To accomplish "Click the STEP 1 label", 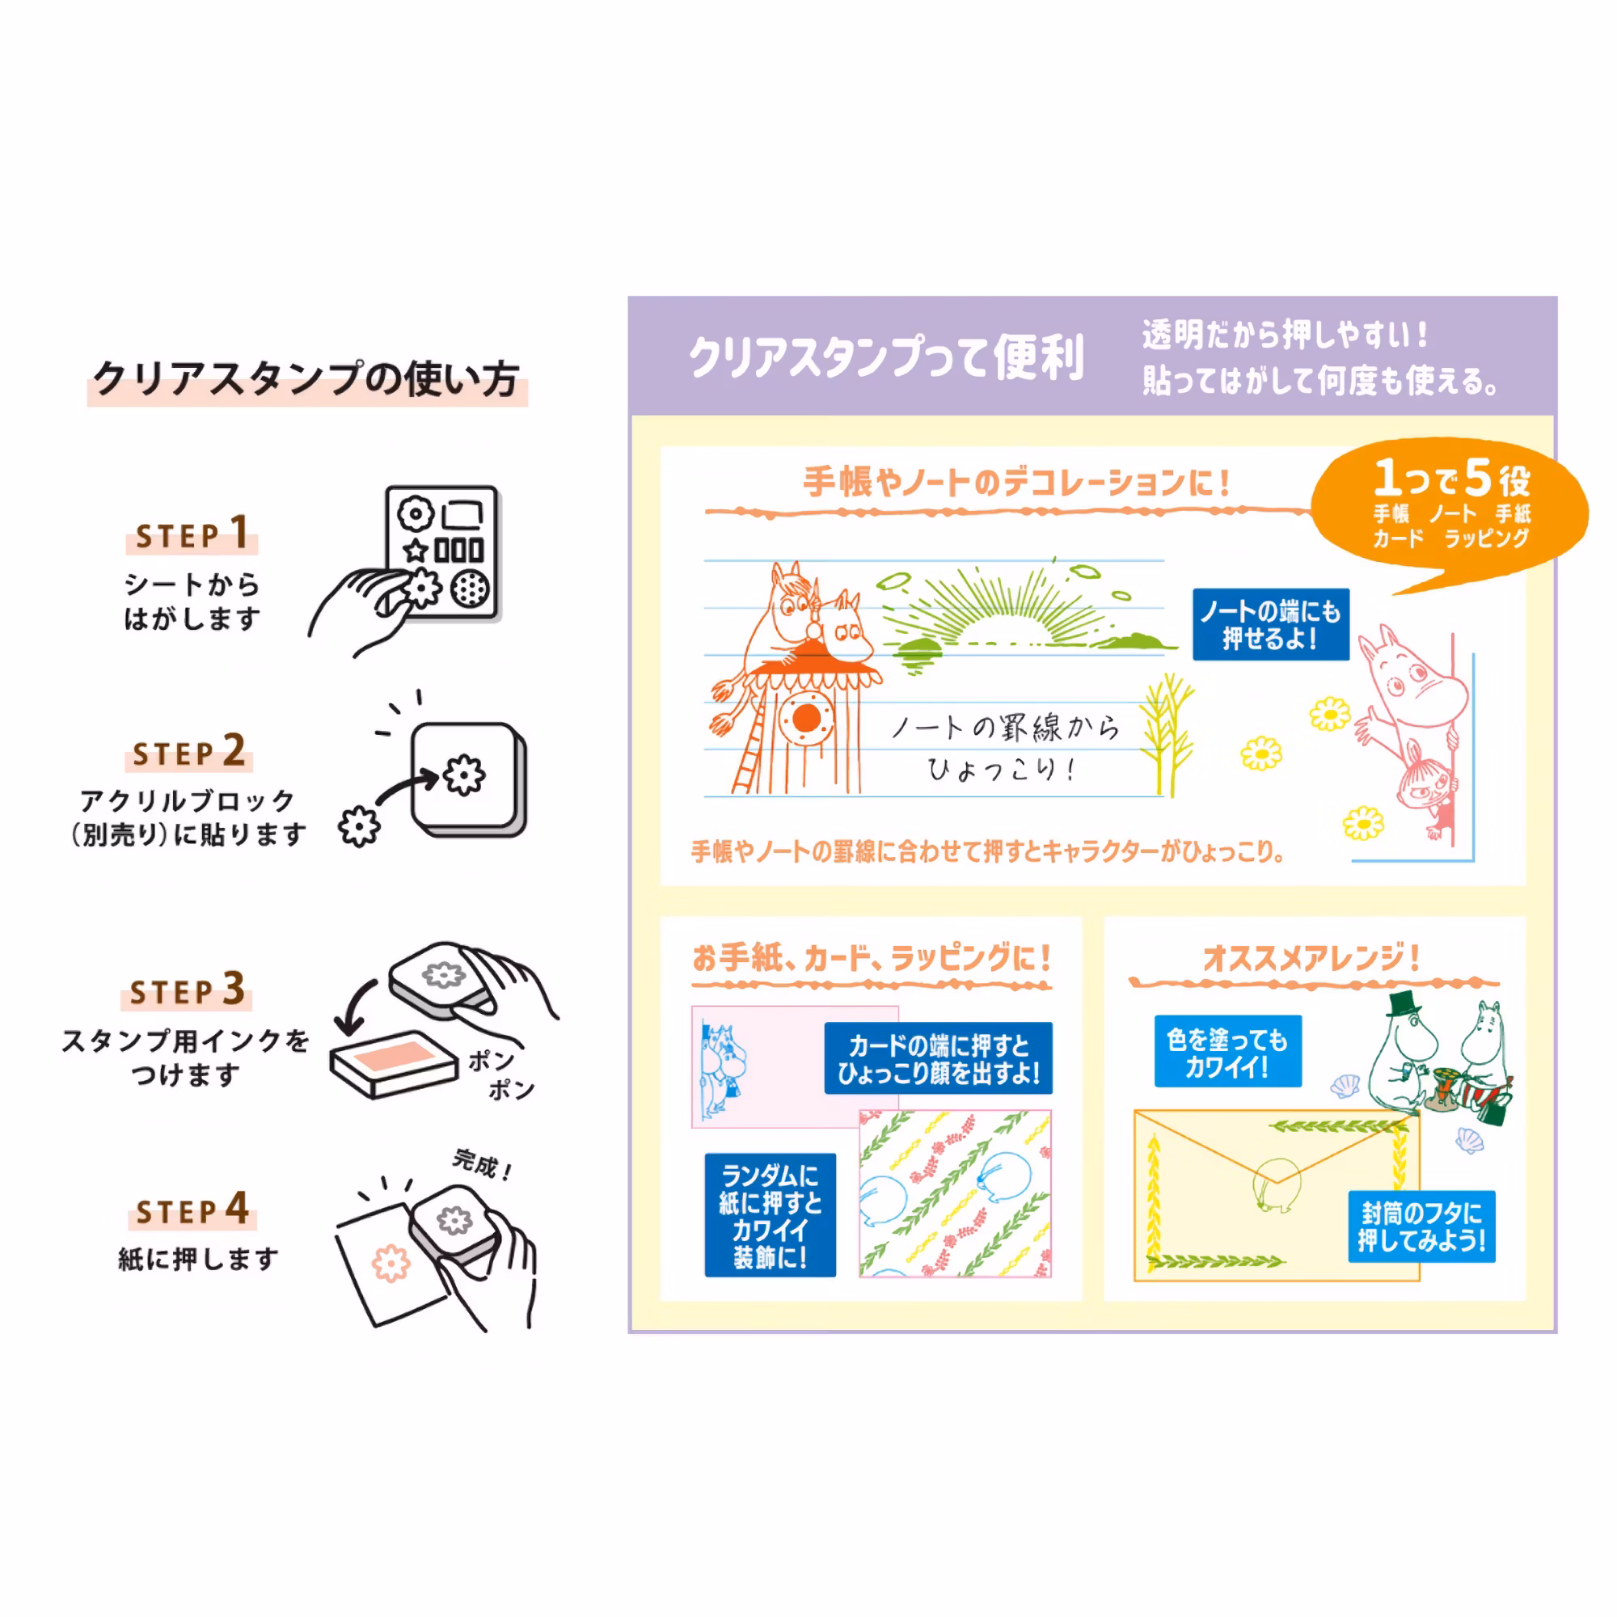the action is point(192,533).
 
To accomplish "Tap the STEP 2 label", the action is point(190,751).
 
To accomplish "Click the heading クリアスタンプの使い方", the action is point(306,379).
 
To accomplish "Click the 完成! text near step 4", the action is point(482,1164).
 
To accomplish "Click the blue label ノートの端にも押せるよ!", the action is point(1270,624).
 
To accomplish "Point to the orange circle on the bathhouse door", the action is point(806,717).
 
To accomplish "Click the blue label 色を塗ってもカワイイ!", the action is point(1227,1051).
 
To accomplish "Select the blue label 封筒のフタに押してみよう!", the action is point(1421,1226).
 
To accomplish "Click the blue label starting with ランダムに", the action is point(770,1215).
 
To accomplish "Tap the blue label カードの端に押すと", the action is point(938,1058).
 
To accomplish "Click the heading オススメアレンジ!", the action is point(1311,957).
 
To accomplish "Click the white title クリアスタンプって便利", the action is point(885,357).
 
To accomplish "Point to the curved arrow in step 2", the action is point(407,787).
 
